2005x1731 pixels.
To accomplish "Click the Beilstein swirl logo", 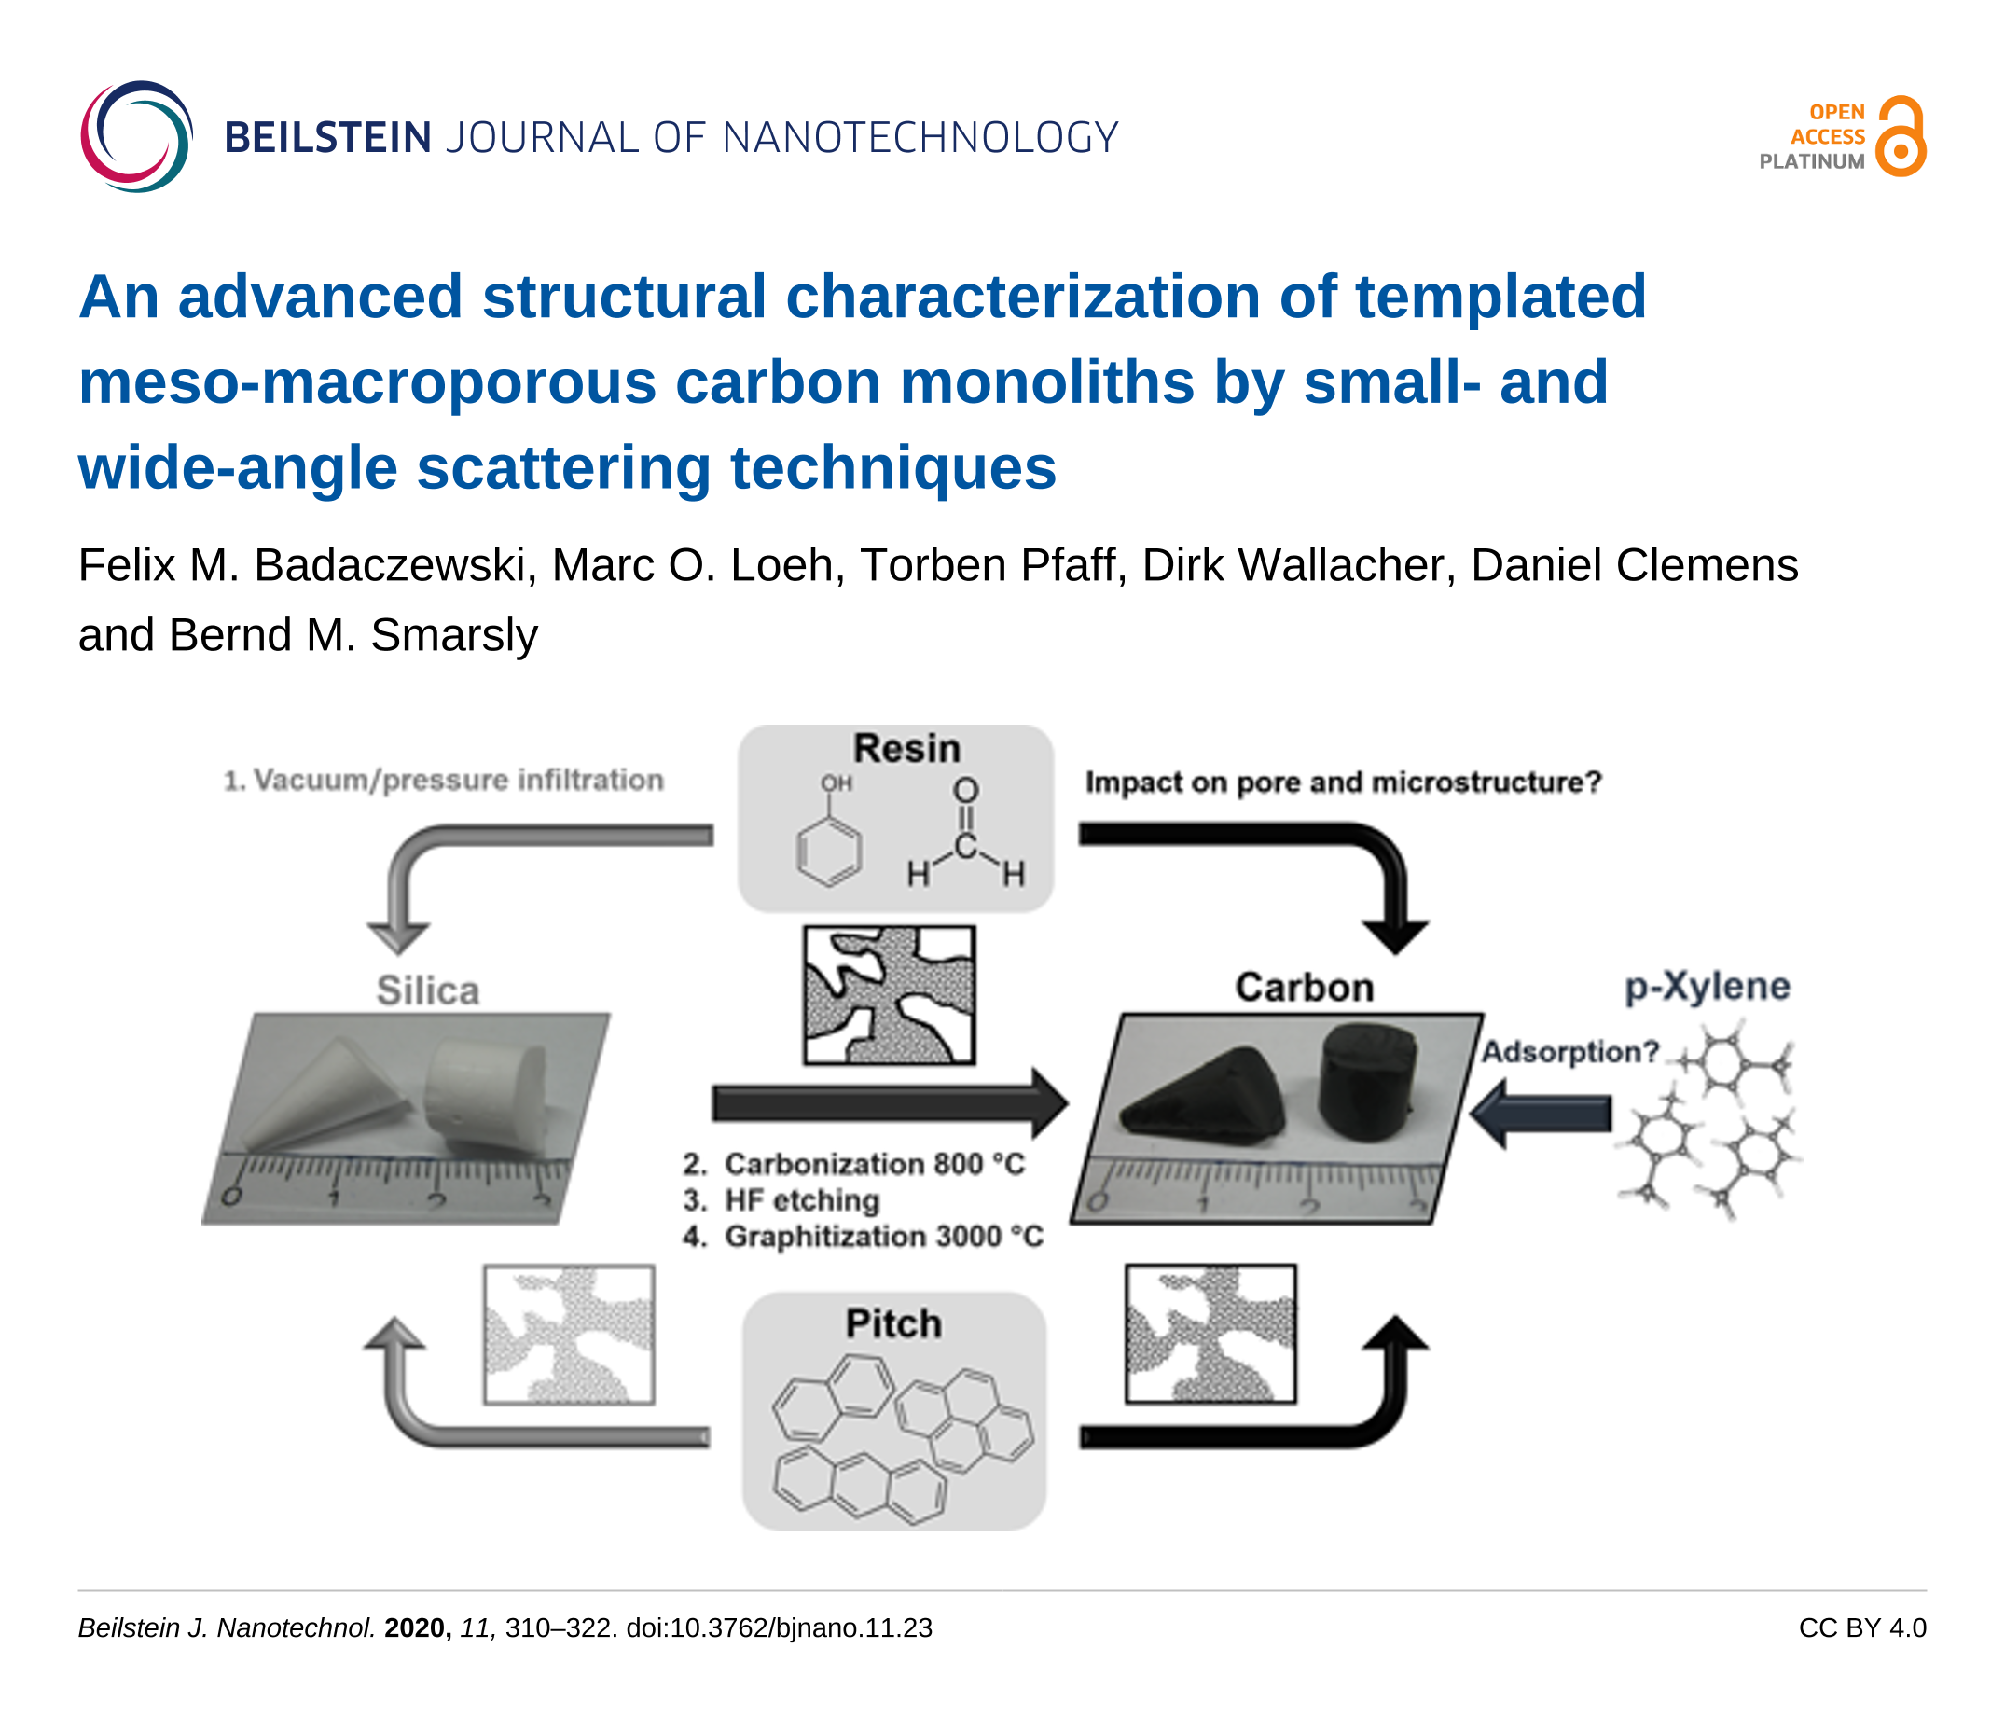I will (136, 136).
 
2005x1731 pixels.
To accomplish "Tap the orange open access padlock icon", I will (1900, 136).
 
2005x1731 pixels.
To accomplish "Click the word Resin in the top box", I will (906, 749).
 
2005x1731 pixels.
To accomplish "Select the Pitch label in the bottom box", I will (893, 1323).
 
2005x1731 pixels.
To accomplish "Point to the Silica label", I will (428, 990).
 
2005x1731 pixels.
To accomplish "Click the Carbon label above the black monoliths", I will (1304, 988).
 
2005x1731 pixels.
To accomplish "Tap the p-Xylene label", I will (1707, 986).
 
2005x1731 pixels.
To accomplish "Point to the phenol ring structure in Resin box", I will (828, 852).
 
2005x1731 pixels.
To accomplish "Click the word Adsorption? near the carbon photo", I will (1569, 1052).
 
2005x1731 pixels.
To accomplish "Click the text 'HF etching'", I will (801, 1200).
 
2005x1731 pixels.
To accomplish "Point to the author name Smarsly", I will (454, 636).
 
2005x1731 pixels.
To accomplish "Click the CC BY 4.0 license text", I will (1861, 1628).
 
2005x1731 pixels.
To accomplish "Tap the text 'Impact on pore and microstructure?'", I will (1343, 782).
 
